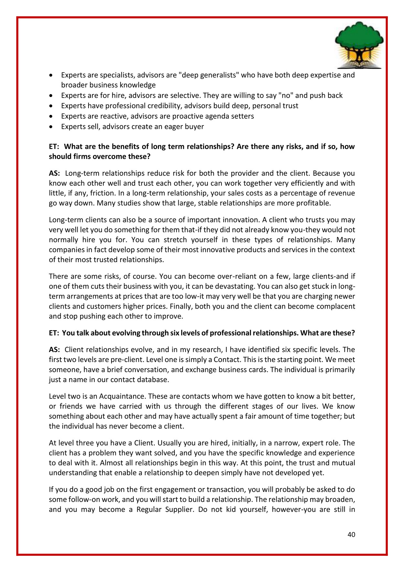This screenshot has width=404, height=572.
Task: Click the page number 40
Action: click(x=351, y=534)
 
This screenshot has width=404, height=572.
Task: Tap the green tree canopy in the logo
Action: click(x=359, y=37)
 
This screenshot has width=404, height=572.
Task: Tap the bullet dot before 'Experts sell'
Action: click(x=51, y=127)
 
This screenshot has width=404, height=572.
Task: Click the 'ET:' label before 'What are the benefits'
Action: click(x=54, y=147)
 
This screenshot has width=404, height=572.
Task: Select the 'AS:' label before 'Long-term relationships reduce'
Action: click(x=54, y=173)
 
